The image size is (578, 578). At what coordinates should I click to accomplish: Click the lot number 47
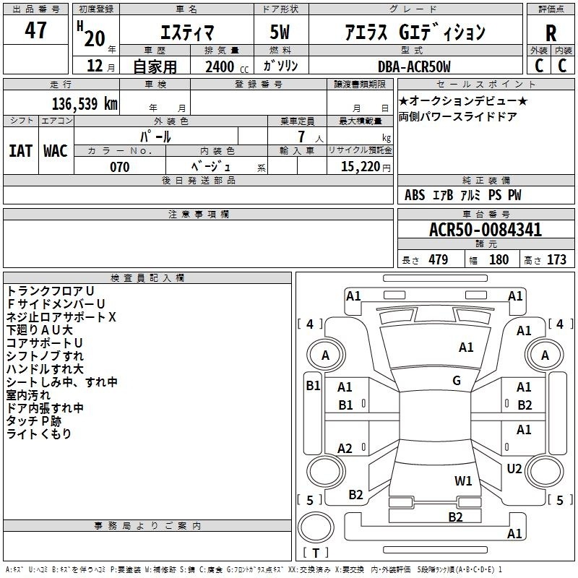(x=35, y=30)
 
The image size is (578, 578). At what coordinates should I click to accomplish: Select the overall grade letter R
(x=551, y=33)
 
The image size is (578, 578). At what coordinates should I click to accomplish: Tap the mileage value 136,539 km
(x=85, y=104)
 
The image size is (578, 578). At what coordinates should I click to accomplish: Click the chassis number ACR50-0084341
(x=486, y=230)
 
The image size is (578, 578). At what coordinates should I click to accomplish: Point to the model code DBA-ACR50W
(x=414, y=66)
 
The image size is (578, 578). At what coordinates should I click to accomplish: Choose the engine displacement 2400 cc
(x=227, y=67)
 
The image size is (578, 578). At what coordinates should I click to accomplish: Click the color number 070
(x=120, y=167)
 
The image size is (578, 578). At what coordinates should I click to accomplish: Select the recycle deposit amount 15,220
(x=361, y=167)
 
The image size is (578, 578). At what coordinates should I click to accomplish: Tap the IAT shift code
(x=21, y=151)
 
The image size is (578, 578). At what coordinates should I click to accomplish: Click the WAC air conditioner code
(x=56, y=151)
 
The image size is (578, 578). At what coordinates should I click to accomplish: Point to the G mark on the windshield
(x=457, y=381)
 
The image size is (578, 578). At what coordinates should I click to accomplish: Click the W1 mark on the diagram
(x=463, y=480)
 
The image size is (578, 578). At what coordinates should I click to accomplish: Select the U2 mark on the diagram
(x=514, y=468)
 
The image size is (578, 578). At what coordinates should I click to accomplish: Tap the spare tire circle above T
(x=316, y=527)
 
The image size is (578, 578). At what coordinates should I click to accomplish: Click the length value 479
(x=439, y=259)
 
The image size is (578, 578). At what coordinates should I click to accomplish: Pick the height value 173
(x=556, y=259)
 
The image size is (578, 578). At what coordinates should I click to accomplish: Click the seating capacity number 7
(x=301, y=137)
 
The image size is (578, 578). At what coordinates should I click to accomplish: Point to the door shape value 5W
(x=280, y=32)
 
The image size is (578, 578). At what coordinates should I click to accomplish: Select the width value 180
(x=499, y=259)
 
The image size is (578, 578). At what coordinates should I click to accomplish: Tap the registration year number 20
(x=95, y=38)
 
